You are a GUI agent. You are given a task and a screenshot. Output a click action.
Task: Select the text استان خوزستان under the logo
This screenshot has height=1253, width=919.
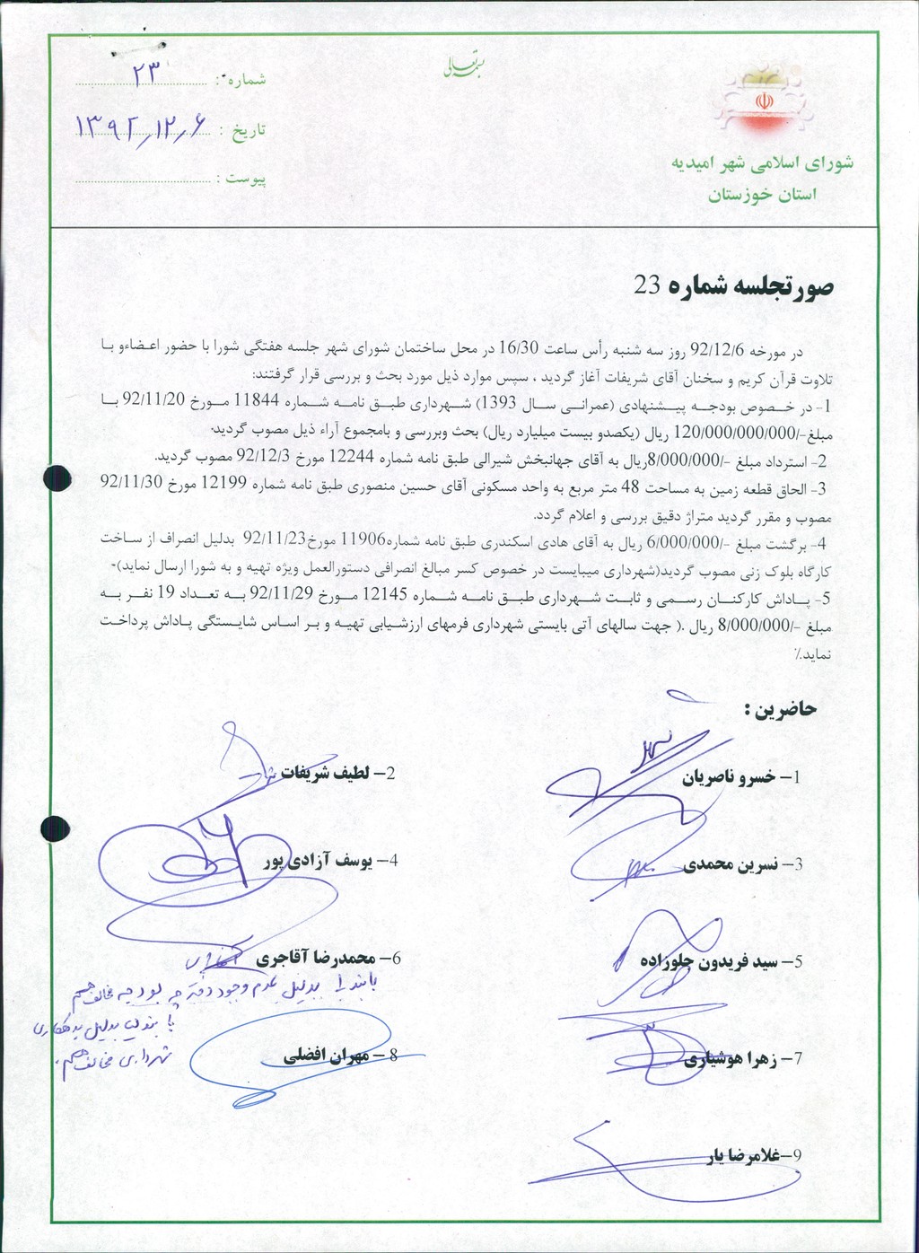[762, 195]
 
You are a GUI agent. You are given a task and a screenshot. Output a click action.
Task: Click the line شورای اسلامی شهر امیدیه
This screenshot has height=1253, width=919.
[762, 163]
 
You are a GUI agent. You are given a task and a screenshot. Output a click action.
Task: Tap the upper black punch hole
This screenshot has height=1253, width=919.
[57, 478]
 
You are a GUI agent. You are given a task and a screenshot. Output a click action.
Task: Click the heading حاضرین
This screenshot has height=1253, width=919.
[781, 710]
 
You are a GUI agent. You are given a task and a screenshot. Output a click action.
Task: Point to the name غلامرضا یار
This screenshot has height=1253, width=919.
[740, 1157]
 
